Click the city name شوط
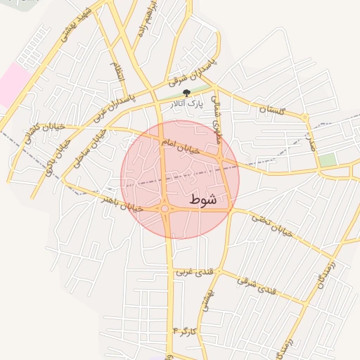(x=202, y=200)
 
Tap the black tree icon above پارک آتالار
(x=186, y=93)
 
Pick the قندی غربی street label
(x=193, y=271)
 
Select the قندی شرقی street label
(x=257, y=285)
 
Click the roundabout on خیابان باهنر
(x=165, y=209)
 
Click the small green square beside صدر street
(x=327, y=160)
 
